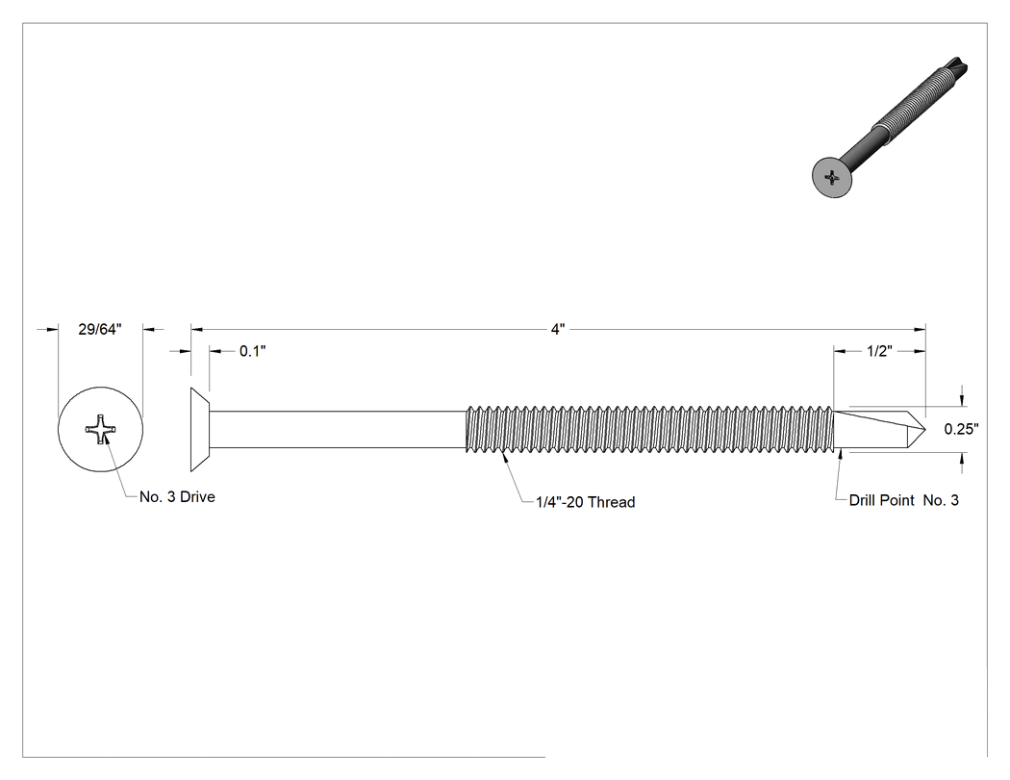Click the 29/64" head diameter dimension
100,329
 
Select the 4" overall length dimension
558,329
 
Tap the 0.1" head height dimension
252,351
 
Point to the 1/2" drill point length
879,351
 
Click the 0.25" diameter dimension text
961,429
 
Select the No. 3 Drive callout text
177,496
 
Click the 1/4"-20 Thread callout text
586,502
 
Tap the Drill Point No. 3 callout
904,500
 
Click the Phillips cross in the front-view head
101,429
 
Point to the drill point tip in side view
925,430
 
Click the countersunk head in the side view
200,429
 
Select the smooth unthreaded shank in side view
339,429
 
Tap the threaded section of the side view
649,429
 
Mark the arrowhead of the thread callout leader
504,457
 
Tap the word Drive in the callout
197,496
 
